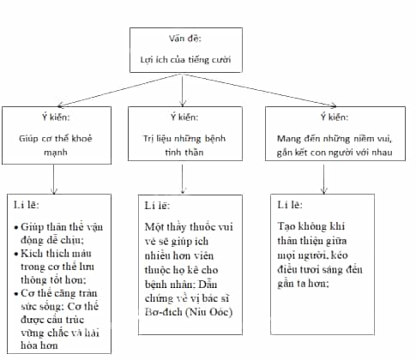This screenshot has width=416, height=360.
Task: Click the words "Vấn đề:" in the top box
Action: pyautogui.click(x=185, y=38)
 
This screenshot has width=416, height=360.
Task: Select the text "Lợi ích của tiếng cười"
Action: pyautogui.click(x=185, y=59)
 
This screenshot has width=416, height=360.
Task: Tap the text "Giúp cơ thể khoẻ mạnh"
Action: pyautogui.click(x=56, y=145)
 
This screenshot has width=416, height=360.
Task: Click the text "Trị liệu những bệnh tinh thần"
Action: pyautogui.click(x=184, y=145)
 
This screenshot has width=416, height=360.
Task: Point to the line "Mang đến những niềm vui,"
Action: pyautogui.click(x=335, y=139)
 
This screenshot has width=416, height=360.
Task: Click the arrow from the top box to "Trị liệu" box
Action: pyautogui.click(x=183, y=90)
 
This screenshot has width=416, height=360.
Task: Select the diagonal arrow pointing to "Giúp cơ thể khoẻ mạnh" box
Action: pyautogui.click(x=118, y=91)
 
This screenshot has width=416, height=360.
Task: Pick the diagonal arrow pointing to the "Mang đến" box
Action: pyautogui.click(x=260, y=91)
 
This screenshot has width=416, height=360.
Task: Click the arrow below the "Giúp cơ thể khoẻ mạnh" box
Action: pyautogui.click(x=54, y=179)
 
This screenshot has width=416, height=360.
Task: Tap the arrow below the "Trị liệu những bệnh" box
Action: pyautogui.click(x=183, y=179)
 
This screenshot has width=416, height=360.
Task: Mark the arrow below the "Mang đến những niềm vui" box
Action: pyautogui.click(x=323, y=179)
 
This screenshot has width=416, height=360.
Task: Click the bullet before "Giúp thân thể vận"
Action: pyautogui.click(x=16, y=228)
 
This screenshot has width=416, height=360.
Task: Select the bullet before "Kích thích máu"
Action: pyautogui.click(x=16, y=254)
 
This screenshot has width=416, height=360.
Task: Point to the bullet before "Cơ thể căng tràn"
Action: pyautogui.click(x=16, y=294)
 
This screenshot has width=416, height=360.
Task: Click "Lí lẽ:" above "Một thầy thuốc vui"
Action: pyautogui.click(x=157, y=206)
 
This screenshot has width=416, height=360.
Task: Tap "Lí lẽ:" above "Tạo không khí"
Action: pyautogui.click(x=290, y=205)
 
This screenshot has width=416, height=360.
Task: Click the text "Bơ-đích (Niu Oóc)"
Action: pyautogui.click(x=189, y=312)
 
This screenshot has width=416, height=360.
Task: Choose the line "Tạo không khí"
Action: pyautogui.click(x=310, y=226)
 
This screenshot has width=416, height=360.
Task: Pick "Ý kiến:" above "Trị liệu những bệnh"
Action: pyautogui.click(x=184, y=117)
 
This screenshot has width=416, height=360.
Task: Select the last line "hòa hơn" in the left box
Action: pyautogui.click(x=39, y=345)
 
